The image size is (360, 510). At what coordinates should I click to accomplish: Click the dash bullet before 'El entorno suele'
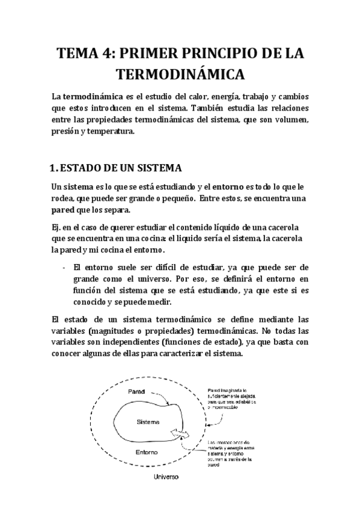click(64, 266)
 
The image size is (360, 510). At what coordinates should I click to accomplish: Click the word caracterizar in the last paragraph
click(183, 354)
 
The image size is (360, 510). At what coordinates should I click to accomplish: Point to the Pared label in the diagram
click(138, 392)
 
